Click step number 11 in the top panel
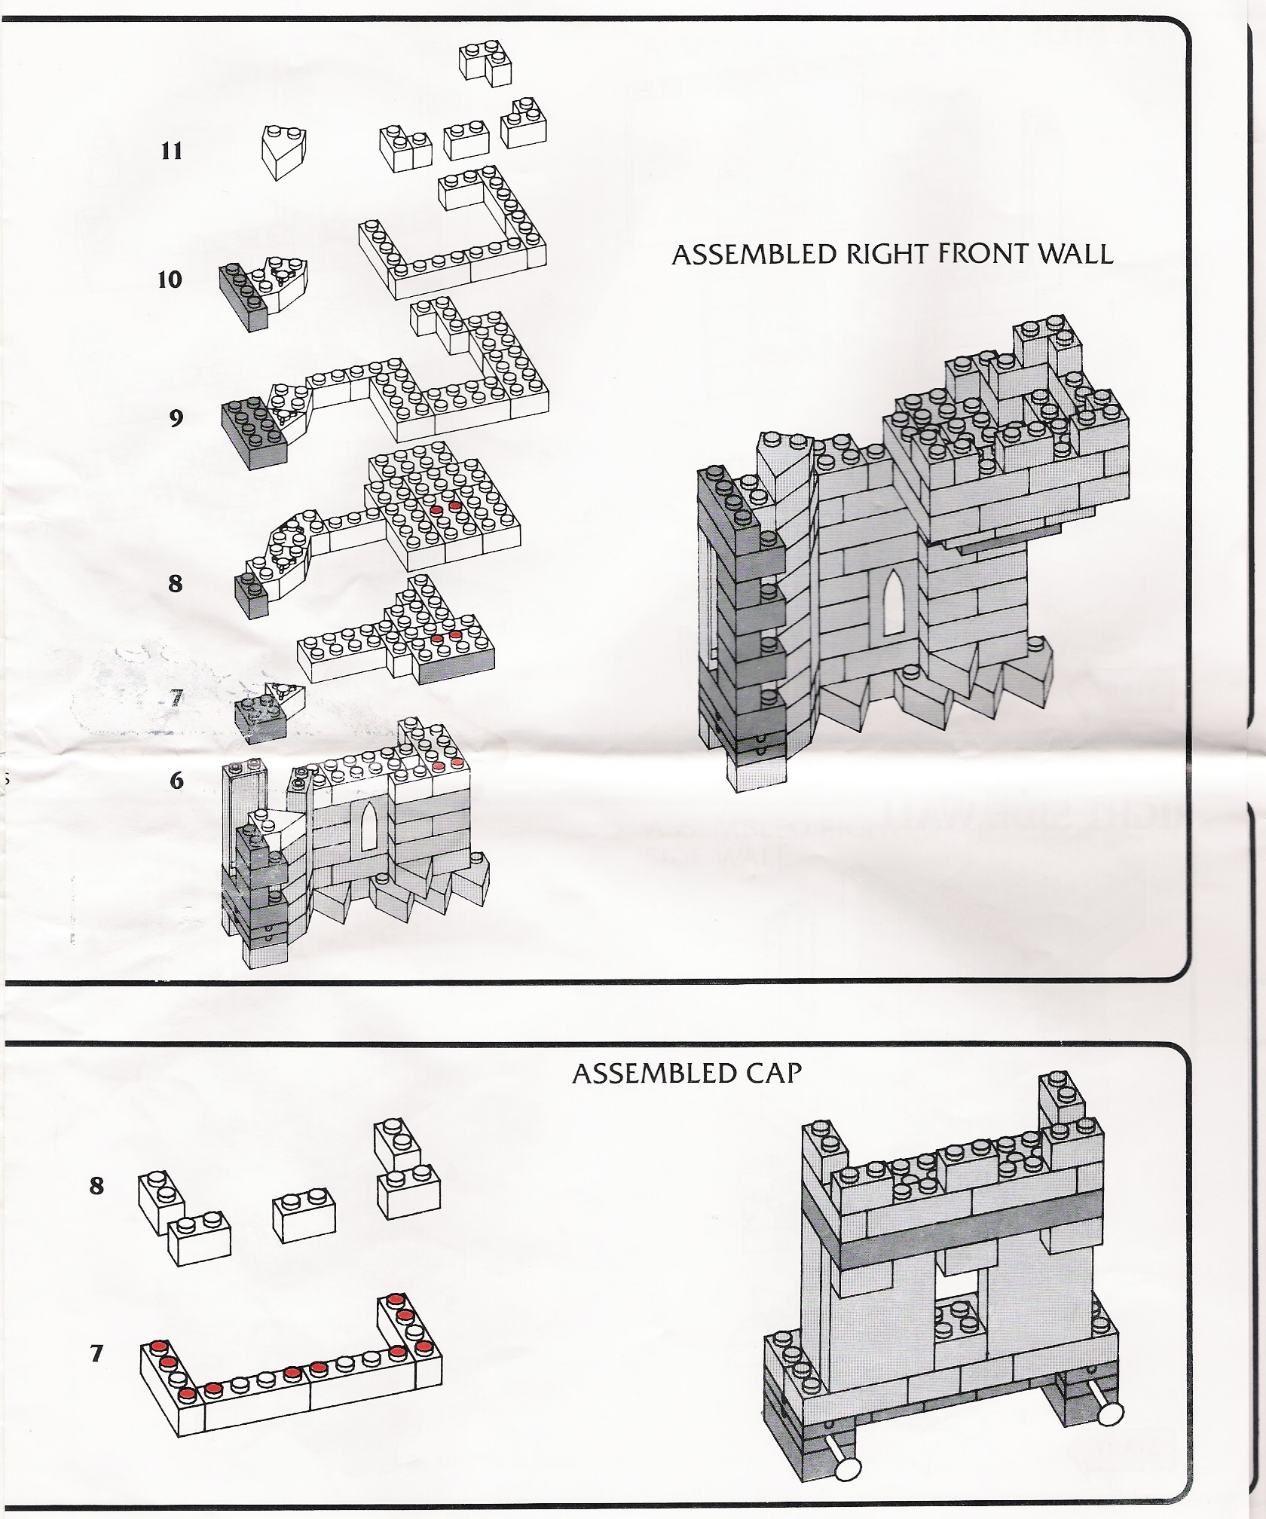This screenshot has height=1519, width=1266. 172,151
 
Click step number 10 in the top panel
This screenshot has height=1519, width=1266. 170,280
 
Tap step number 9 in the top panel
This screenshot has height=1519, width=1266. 176,417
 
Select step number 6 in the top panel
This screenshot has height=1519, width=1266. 176,780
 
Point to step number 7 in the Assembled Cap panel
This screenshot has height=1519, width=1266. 96,1354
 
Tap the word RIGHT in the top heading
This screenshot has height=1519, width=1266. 888,254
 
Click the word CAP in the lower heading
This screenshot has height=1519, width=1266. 772,1073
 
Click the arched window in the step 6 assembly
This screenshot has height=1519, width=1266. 370,826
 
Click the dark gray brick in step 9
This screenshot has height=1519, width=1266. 252,432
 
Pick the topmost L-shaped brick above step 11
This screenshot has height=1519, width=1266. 485,62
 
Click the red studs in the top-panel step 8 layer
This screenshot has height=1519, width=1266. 445,509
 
